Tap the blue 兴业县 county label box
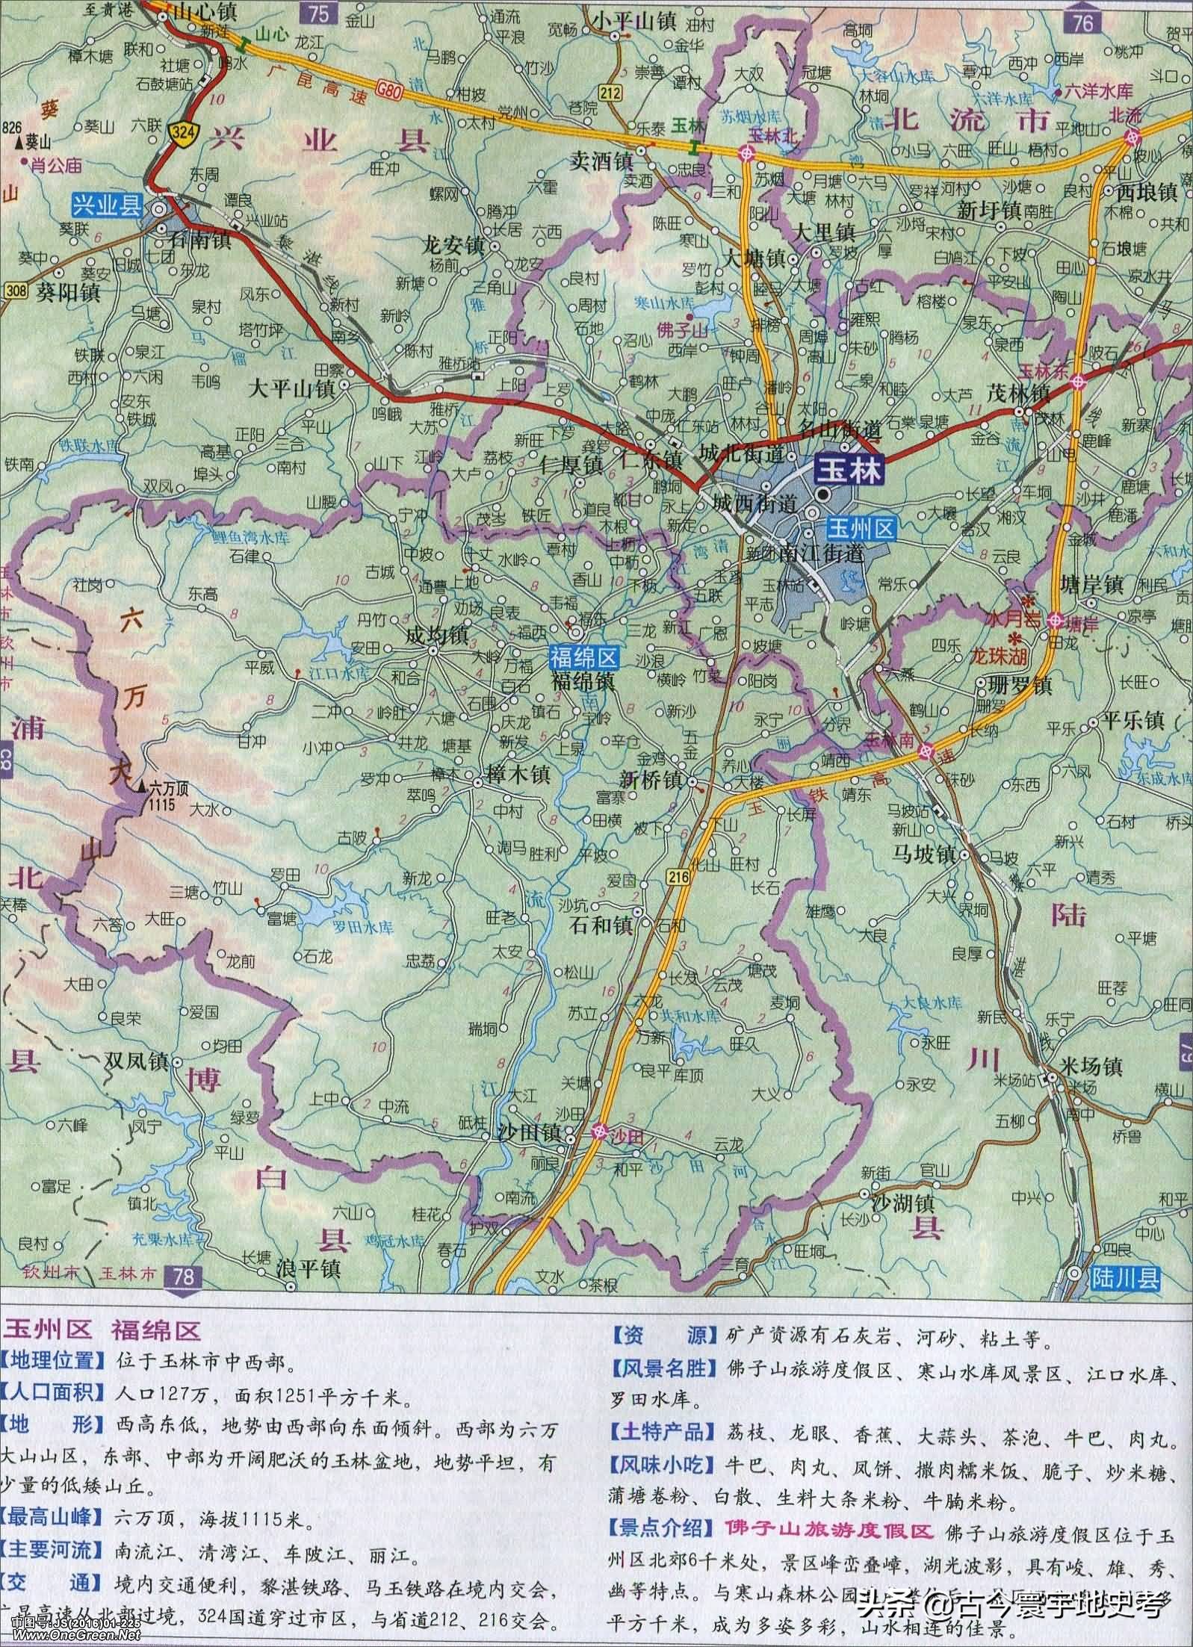click(x=106, y=203)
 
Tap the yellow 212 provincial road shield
click(x=610, y=91)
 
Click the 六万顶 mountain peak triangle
click(x=142, y=786)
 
